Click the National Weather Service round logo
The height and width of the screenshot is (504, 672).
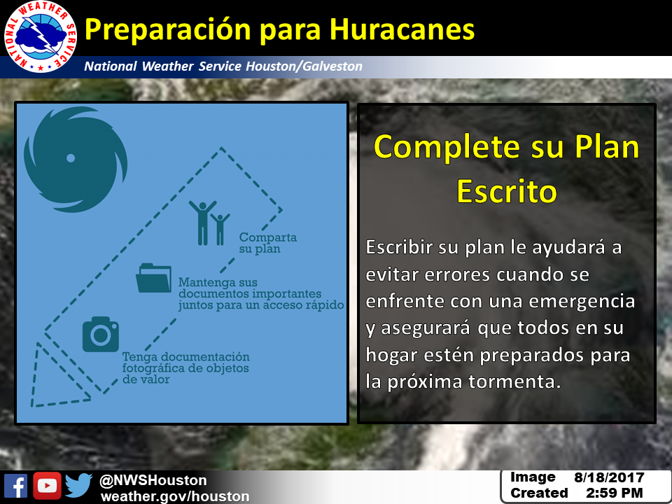[x=41, y=37]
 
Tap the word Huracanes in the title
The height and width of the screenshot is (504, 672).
[x=402, y=29]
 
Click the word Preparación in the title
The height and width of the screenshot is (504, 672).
[x=167, y=31]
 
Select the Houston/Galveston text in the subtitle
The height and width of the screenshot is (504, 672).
[x=304, y=66]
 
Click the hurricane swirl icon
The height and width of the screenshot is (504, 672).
[x=76, y=160]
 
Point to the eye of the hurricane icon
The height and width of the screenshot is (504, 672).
[x=71, y=158]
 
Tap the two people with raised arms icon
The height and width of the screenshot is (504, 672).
[x=209, y=223]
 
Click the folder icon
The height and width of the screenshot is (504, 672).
[x=153, y=278]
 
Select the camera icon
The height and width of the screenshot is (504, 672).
[x=101, y=335]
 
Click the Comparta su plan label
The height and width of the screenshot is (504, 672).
[x=268, y=243]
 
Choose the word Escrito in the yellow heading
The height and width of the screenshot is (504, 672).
[x=507, y=191]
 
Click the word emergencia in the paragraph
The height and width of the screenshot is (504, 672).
[x=582, y=301]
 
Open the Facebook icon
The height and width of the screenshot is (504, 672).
[x=15, y=486]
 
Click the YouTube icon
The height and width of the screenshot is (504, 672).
[x=47, y=486]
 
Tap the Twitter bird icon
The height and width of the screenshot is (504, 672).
[x=79, y=486]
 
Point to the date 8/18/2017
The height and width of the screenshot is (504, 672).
[x=609, y=477]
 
